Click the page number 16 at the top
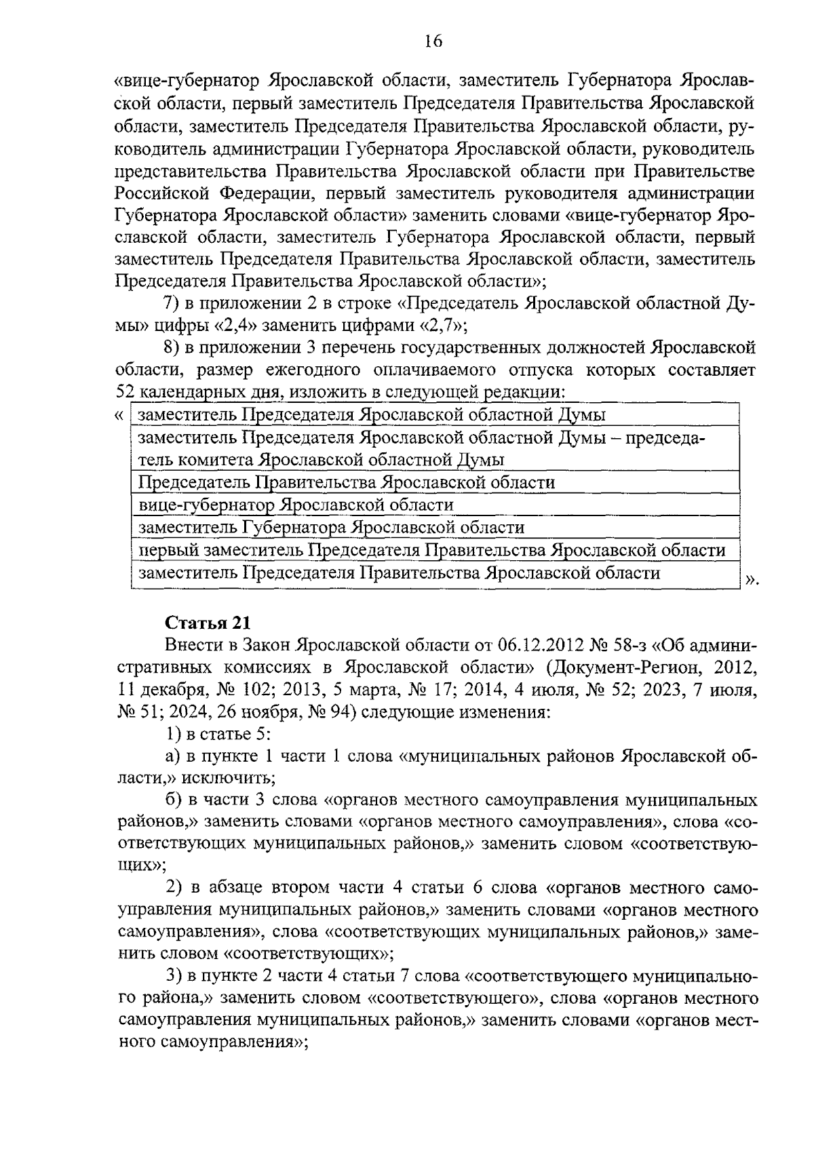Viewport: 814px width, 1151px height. [x=433, y=41]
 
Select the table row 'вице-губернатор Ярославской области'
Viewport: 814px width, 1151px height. [x=296, y=505]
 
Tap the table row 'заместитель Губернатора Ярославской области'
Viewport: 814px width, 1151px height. [x=331, y=528]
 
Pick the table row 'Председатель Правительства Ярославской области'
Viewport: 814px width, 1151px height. [x=346, y=482]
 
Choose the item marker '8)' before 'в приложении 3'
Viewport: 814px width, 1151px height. [x=175, y=348]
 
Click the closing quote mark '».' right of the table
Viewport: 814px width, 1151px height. [x=752, y=579]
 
